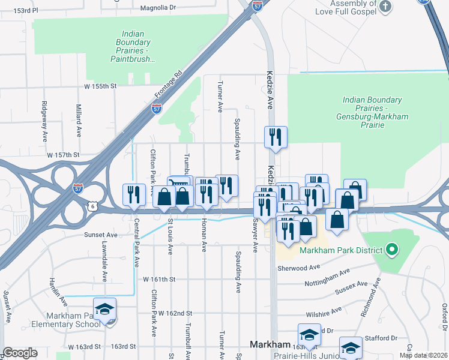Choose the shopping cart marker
(179, 184)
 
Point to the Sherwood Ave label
(297, 268)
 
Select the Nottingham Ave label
(327, 278)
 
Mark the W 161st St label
(159, 280)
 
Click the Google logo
(20, 353)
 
